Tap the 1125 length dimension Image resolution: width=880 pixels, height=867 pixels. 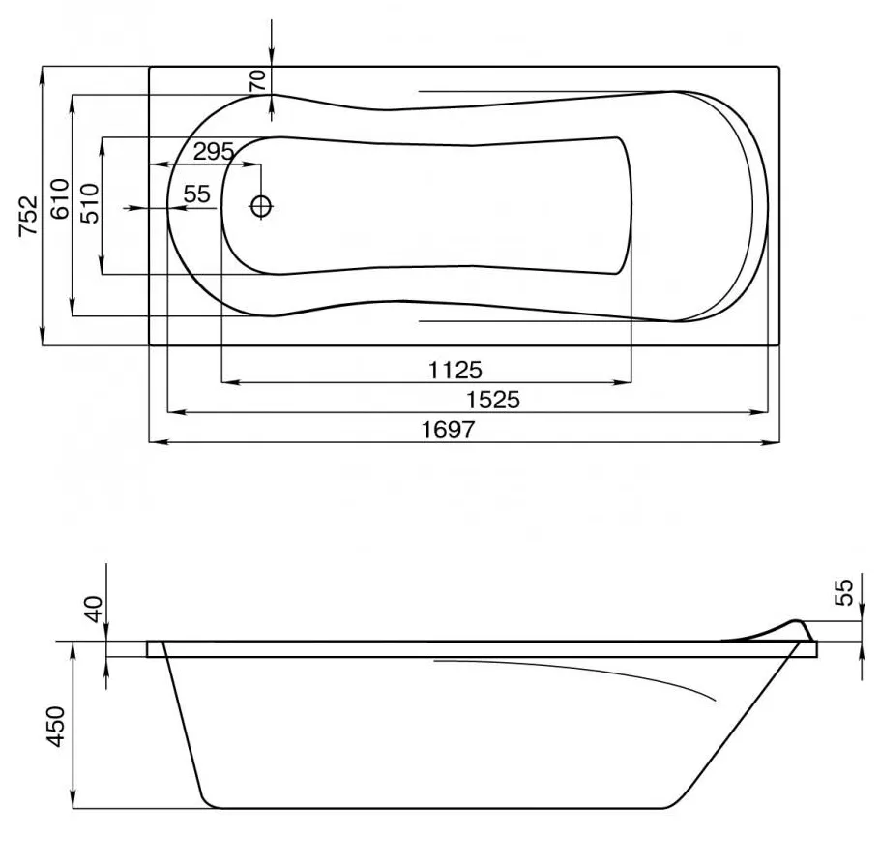click(x=455, y=369)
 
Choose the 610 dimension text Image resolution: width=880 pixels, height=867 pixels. click(x=59, y=200)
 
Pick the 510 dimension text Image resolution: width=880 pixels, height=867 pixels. click(x=89, y=204)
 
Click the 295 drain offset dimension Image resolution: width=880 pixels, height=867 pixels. click(x=214, y=151)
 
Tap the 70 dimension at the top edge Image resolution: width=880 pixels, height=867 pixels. click(x=257, y=80)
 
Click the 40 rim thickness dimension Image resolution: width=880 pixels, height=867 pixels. click(x=92, y=611)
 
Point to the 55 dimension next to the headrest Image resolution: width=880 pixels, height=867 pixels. click(x=843, y=590)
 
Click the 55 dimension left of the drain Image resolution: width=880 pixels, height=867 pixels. click(x=196, y=194)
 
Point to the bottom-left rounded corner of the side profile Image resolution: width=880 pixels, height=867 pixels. click(x=207, y=798)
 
